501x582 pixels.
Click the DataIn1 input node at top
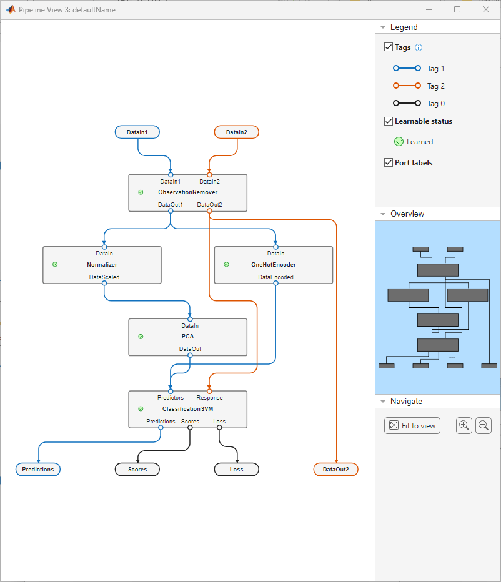(x=137, y=132)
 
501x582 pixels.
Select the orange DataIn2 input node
(x=236, y=132)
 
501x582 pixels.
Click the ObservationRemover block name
(x=187, y=192)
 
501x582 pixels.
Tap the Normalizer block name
(x=102, y=265)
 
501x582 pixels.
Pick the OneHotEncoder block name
(x=273, y=265)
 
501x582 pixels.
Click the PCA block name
(x=187, y=337)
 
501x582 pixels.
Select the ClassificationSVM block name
(x=187, y=409)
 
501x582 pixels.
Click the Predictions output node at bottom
(x=38, y=470)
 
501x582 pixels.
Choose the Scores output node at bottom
(x=137, y=470)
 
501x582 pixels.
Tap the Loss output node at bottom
(x=236, y=470)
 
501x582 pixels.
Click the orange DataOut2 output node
(x=335, y=470)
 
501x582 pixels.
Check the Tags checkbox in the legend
(x=389, y=47)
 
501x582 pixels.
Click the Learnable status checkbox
(x=389, y=121)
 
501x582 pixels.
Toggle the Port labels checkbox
(x=389, y=163)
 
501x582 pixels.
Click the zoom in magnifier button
(x=464, y=426)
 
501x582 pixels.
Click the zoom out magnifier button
(x=484, y=426)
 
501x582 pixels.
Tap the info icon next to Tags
(x=419, y=47)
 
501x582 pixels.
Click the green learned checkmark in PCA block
(x=141, y=337)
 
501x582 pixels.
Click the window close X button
(x=486, y=10)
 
